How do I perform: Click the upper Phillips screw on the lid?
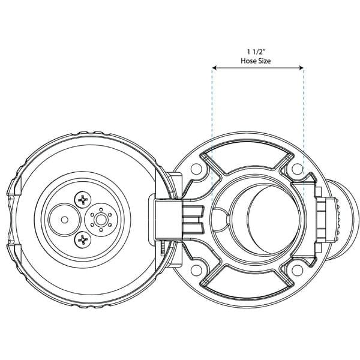click(x=83, y=200)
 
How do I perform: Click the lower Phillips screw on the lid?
click(x=83, y=240)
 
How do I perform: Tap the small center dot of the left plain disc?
click(x=65, y=220)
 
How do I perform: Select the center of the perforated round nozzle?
click(x=101, y=220)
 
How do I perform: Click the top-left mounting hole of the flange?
click(x=196, y=169)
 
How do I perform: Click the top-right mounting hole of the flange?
click(x=298, y=169)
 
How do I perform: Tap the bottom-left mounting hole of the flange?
click(x=196, y=270)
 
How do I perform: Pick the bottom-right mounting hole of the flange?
click(x=298, y=270)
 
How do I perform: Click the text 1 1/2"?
click(x=256, y=52)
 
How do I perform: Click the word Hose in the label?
click(x=248, y=61)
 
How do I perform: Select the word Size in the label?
click(x=264, y=61)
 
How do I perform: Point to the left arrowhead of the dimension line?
click(x=214, y=68)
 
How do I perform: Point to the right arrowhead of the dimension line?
click(x=301, y=68)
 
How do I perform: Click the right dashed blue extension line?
click(x=304, y=136)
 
